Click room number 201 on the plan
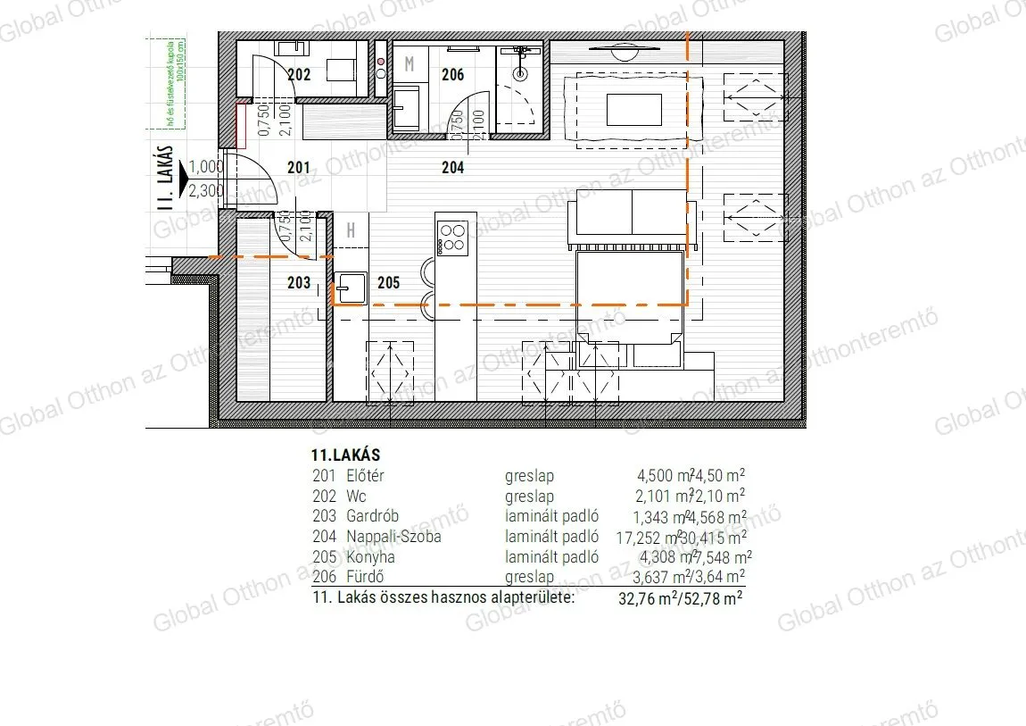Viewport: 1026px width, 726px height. tap(298, 167)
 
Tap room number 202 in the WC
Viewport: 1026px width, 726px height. tap(299, 75)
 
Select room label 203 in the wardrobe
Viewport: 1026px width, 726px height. tap(299, 283)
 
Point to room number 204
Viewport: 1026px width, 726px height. tap(452, 166)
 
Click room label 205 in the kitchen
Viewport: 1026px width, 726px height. tap(388, 283)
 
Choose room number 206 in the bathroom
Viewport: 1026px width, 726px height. tap(453, 75)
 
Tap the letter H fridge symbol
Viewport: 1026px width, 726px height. tap(352, 231)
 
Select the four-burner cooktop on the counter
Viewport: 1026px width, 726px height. tap(454, 236)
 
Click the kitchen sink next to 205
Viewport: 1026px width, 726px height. tap(350, 288)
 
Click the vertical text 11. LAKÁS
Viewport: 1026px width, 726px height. tap(164, 178)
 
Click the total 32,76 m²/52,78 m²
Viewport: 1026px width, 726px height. tap(681, 599)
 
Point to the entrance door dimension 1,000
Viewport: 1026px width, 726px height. tap(207, 166)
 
